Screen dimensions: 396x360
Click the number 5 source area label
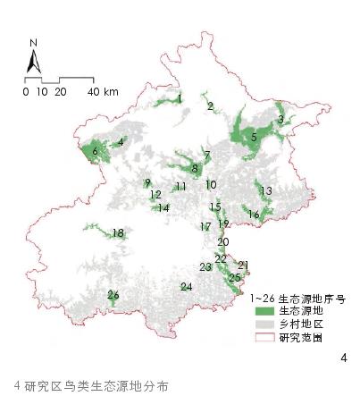click(x=255, y=137)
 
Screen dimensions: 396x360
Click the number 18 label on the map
click(x=118, y=233)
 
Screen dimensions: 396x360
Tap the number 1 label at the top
click(x=180, y=98)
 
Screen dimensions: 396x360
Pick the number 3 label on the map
click(x=280, y=120)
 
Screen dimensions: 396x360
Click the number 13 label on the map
click(x=265, y=190)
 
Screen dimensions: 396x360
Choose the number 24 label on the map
click(x=186, y=287)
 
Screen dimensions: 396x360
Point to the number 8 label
click(x=195, y=168)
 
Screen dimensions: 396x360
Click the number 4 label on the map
click(x=121, y=140)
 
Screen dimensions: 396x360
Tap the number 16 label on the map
click(x=254, y=215)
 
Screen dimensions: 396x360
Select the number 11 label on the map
click(x=180, y=187)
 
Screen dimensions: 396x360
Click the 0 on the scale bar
click(x=26, y=92)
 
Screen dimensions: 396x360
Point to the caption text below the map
click(x=90, y=385)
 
